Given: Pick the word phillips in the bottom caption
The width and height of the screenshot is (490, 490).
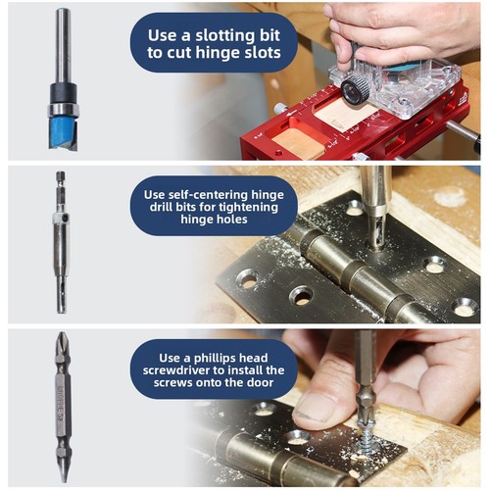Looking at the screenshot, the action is point(215,359).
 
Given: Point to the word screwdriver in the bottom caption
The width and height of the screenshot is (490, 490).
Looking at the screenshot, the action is point(178,370).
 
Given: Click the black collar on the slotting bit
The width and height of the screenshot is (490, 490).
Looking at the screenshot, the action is point(64,93).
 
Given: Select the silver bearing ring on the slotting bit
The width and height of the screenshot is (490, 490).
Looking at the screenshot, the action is point(63,110).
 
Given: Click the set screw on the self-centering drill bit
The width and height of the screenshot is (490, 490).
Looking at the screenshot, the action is point(66,217).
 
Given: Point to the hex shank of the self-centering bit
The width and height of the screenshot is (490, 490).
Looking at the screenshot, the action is point(61,188).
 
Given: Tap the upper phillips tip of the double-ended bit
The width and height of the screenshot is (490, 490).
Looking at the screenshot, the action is point(62,340).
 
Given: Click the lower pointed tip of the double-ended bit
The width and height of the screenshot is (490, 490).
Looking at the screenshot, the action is point(64,472).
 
